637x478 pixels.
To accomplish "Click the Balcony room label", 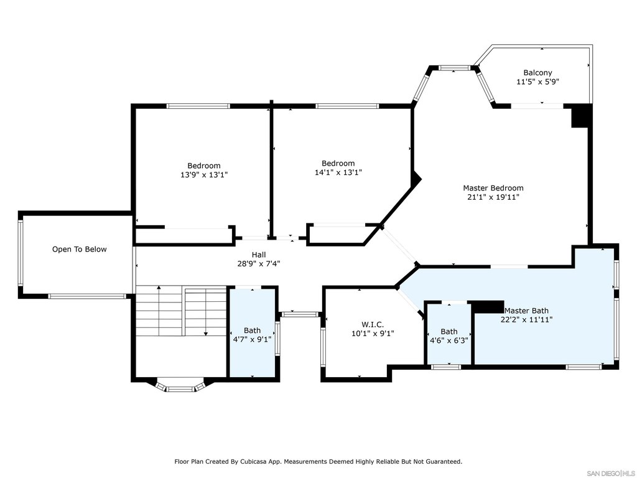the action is tap(537, 73).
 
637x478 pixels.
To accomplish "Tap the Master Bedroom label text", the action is tap(493, 188).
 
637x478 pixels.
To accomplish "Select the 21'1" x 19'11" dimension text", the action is tap(493, 197).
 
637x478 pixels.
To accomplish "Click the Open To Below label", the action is tap(79, 249).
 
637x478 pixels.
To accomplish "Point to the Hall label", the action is tap(259, 255).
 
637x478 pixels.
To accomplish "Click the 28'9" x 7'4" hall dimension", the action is tap(259, 264).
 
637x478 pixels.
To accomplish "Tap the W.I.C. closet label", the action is tap(373, 325).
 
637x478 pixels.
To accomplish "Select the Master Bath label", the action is tap(526, 311).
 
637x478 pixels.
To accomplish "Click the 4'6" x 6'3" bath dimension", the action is tap(449, 340).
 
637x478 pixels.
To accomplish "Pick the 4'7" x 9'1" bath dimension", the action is tap(252, 339).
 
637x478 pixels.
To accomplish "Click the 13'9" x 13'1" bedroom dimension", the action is tap(204, 175).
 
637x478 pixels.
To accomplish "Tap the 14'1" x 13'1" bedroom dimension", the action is tap(338, 173).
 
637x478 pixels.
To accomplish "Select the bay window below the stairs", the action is tap(180, 386).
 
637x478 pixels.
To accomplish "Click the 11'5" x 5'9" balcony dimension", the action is tap(537, 82).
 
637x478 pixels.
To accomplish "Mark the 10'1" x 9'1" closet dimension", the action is tap(373, 334).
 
